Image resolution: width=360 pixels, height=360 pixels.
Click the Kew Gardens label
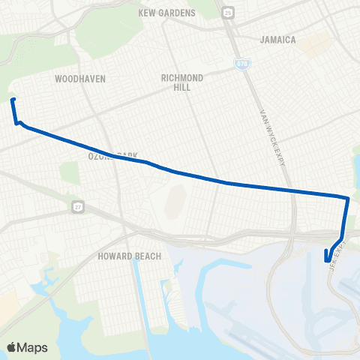(x=167, y=13)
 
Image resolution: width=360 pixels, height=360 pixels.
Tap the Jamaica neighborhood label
(x=277, y=39)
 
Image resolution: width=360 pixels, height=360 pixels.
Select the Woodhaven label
(x=80, y=78)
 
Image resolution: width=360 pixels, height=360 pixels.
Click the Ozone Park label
(x=112, y=156)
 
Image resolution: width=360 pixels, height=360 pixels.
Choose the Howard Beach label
(x=125, y=256)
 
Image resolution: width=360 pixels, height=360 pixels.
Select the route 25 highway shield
(x=228, y=12)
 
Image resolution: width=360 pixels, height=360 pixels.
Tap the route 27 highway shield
(x=78, y=205)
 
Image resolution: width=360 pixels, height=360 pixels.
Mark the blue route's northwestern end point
(x=13, y=100)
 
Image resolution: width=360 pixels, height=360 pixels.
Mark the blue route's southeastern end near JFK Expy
(x=327, y=260)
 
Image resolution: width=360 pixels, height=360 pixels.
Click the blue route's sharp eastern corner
(x=347, y=199)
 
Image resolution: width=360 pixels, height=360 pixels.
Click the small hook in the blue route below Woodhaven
(x=18, y=123)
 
